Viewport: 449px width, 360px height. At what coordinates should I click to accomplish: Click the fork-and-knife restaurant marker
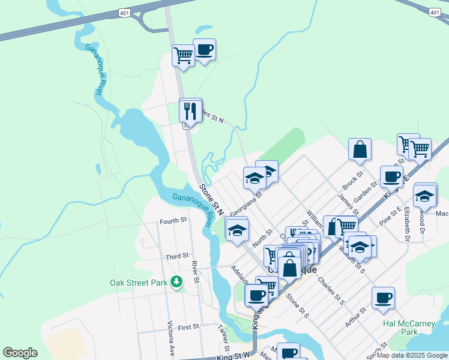[x=190, y=110]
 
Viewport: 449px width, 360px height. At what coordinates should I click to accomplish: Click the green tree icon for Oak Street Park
[x=176, y=281]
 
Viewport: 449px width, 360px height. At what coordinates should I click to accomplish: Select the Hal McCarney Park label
[x=409, y=328]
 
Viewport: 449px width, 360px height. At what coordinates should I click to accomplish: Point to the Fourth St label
[x=173, y=221]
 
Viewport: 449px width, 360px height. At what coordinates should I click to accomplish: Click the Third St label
[x=177, y=257]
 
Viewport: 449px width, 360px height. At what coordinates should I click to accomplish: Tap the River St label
[x=195, y=272]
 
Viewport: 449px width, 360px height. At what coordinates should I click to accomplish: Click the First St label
[x=188, y=327]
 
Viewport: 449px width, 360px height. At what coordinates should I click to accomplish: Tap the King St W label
[x=233, y=356]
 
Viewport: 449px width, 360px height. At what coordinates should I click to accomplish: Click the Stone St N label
[x=211, y=200]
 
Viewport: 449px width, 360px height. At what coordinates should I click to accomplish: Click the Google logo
[x=20, y=353]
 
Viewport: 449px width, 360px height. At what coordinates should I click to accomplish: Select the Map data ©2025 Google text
[x=412, y=355]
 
